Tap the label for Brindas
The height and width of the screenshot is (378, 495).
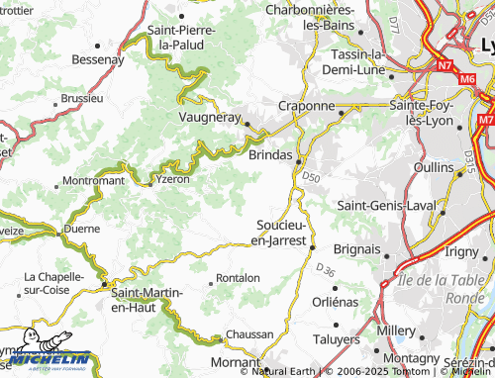[x=270, y=155]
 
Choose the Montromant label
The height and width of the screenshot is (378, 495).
[x=93, y=181]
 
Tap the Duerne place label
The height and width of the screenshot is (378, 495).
[x=81, y=228]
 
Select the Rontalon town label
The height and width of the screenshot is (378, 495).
[x=238, y=278]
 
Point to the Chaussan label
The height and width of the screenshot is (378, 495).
[x=249, y=334]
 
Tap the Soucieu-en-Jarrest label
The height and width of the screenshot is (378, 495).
[x=281, y=232]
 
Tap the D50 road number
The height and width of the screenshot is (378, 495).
[x=312, y=177]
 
